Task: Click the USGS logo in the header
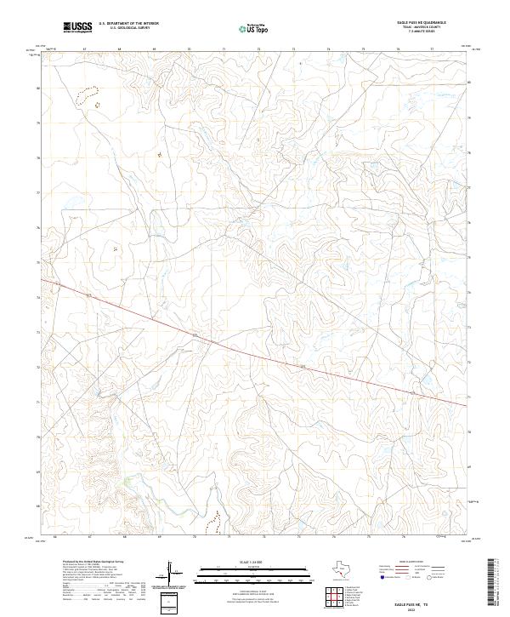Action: pyautogui.click(x=78, y=26)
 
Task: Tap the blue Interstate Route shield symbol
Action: pyautogui.click(x=371, y=577)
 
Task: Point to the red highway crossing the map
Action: pyautogui.click(x=255, y=349)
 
